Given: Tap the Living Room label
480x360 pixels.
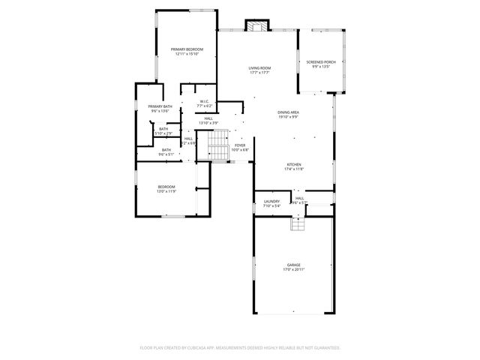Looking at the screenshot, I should tap(259, 68).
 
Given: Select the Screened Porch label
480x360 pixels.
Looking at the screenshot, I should tap(320, 62).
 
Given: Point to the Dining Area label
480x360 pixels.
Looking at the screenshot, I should tap(288, 112).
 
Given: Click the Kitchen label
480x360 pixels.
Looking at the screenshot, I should tap(293, 165).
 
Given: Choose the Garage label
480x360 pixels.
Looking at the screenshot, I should tap(293, 264).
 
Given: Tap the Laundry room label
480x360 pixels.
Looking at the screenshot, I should tap(271, 201).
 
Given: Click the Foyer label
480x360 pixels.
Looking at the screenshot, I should tap(240, 145).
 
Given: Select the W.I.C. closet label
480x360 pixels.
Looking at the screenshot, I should tap(204, 101).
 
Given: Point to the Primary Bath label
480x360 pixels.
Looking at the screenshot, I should tap(160, 106).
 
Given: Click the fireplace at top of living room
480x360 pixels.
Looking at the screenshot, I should tap(257, 26).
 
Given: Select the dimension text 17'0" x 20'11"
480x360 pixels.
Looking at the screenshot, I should tap(293, 268).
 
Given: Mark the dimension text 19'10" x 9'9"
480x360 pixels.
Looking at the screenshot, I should tap(288, 116).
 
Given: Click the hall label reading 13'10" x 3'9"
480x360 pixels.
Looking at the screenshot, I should tap(208, 122).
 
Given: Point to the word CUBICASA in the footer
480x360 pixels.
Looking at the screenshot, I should tap(217, 348).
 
